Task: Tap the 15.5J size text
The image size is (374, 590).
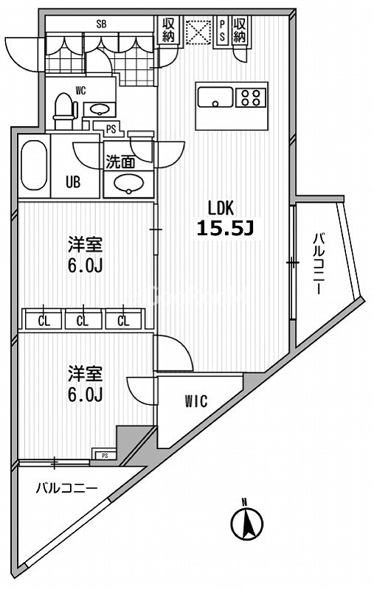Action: tap(225, 229)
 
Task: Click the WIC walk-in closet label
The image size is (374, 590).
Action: tap(195, 401)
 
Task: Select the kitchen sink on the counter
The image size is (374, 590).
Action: tap(215, 97)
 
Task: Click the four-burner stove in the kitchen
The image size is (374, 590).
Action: tap(251, 97)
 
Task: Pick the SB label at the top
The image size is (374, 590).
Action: tap(102, 24)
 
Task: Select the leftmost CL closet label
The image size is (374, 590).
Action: tap(44, 320)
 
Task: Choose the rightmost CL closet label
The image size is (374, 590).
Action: tap(123, 320)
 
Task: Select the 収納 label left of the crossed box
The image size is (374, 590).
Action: tap(167, 30)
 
